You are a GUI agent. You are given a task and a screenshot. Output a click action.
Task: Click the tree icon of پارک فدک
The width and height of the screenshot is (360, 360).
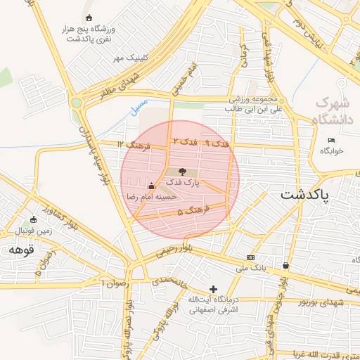pos(182,171)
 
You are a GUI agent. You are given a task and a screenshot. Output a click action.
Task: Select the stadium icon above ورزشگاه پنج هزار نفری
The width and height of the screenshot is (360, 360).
pos(88,18)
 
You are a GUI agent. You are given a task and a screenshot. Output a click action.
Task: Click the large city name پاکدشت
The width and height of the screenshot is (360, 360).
pos(314,195)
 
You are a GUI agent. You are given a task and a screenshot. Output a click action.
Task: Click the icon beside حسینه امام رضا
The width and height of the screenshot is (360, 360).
pos(151,186)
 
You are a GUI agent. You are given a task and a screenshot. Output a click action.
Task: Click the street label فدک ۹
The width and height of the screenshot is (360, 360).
pos(217,143)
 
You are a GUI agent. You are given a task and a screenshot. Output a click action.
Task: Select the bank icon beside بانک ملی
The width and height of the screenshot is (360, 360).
pos(250,257)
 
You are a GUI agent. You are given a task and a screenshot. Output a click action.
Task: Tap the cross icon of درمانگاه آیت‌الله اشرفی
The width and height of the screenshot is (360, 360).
pos(214,289)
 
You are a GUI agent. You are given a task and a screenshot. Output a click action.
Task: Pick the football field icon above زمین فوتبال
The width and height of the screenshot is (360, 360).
pos(32,219)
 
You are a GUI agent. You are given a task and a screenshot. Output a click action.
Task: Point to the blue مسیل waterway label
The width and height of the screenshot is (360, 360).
pos(139,106)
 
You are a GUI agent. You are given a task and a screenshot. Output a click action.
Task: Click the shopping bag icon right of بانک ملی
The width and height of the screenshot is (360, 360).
pos(285,266)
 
